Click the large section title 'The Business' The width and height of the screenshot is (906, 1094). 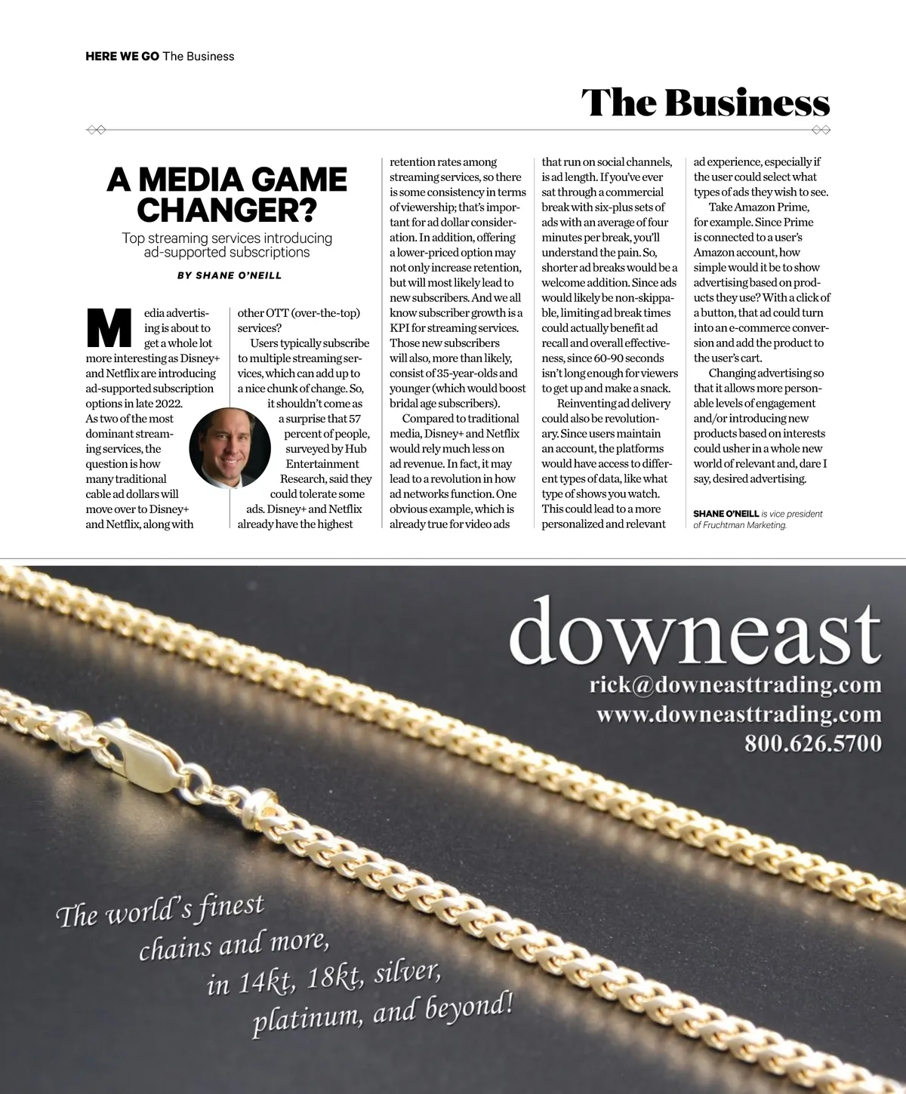[705, 103]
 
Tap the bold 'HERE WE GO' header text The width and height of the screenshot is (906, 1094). [122, 57]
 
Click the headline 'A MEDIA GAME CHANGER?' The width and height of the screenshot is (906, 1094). [226, 195]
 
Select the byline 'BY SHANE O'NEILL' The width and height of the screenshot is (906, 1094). [230, 275]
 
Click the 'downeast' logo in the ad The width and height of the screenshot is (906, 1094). [695, 633]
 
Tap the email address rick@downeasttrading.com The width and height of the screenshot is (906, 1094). [735, 685]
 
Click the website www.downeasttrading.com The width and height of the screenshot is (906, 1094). [739, 714]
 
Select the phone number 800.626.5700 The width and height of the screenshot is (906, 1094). [813, 743]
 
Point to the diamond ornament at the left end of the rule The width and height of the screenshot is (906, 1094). [96, 130]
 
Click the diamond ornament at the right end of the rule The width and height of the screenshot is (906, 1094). [820, 130]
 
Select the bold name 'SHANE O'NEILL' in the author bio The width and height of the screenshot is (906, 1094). [726, 514]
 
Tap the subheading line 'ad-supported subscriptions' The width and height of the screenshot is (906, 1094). [226, 253]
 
